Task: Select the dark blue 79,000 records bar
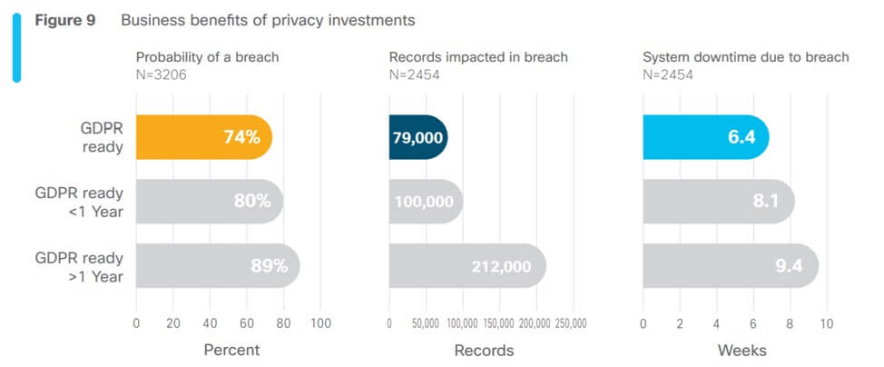pyautogui.click(x=417, y=138)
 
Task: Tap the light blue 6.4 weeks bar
pyautogui.click(x=704, y=138)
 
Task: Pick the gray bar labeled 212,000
pyautogui.click(x=467, y=266)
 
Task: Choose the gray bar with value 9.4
pyautogui.click(x=730, y=266)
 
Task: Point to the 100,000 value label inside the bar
pyautogui.click(x=424, y=202)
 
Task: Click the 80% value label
pyautogui.click(x=252, y=202)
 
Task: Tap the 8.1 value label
pyautogui.click(x=766, y=202)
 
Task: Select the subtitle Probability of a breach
pyautogui.click(x=208, y=57)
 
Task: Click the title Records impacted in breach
pyautogui.click(x=478, y=57)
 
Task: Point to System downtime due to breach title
pyautogui.click(x=745, y=57)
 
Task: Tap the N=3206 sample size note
pyautogui.click(x=162, y=74)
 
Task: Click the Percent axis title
pyautogui.click(x=231, y=350)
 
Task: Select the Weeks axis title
pyautogui.click(x=742, y=350)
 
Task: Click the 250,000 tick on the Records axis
pyautogui.click(x=570, y=323)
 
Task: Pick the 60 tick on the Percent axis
pyautogui.click(x=247, y=323)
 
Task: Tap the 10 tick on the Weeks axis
pyautogui.click(x=826, y=323)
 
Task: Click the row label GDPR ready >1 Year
pyautogui.click(x=78, y=266)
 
